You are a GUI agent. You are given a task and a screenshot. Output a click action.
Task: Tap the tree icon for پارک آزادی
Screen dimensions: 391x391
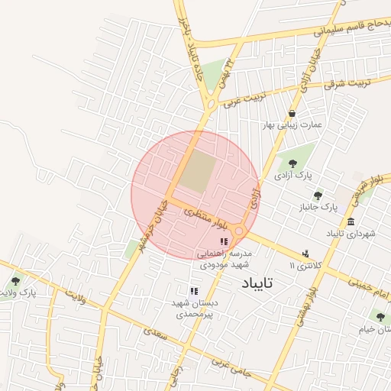pos(292,162)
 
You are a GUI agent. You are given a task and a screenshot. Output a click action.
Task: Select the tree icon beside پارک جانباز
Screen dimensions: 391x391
pos(318,195)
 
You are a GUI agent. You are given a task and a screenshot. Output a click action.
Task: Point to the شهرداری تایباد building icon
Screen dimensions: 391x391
pos(351,222)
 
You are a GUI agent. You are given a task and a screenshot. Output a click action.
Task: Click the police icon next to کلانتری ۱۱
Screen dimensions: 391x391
pos(306,253)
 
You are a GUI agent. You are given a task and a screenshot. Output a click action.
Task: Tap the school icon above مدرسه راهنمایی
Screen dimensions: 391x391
pos(224,241)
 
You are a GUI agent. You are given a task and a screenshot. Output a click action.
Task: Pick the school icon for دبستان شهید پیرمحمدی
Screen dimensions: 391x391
pos(194,291)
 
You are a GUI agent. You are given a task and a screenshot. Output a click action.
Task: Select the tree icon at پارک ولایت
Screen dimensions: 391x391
pos(15,281)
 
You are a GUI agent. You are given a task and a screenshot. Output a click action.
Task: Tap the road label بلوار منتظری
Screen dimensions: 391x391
pos(206,217)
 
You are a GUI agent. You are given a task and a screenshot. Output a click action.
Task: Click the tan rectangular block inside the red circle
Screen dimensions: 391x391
pos(198,171)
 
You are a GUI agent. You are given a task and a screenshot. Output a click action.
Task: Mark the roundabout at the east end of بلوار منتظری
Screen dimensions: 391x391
pos(240,231)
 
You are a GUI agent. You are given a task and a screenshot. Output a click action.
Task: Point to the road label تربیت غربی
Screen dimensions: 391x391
pos(240,101)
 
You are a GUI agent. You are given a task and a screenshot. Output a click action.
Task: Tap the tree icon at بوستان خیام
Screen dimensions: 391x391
pos(380,316)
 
